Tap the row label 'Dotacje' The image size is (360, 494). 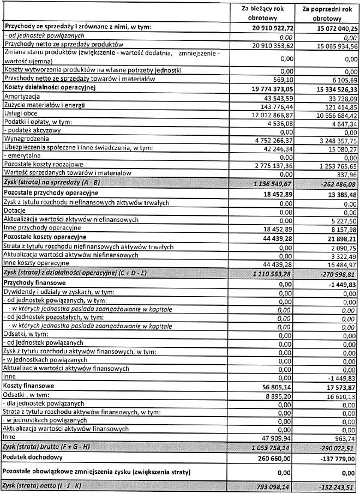click(x=15, y=210)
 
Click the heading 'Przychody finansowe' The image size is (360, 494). click(x=34, y=283)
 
